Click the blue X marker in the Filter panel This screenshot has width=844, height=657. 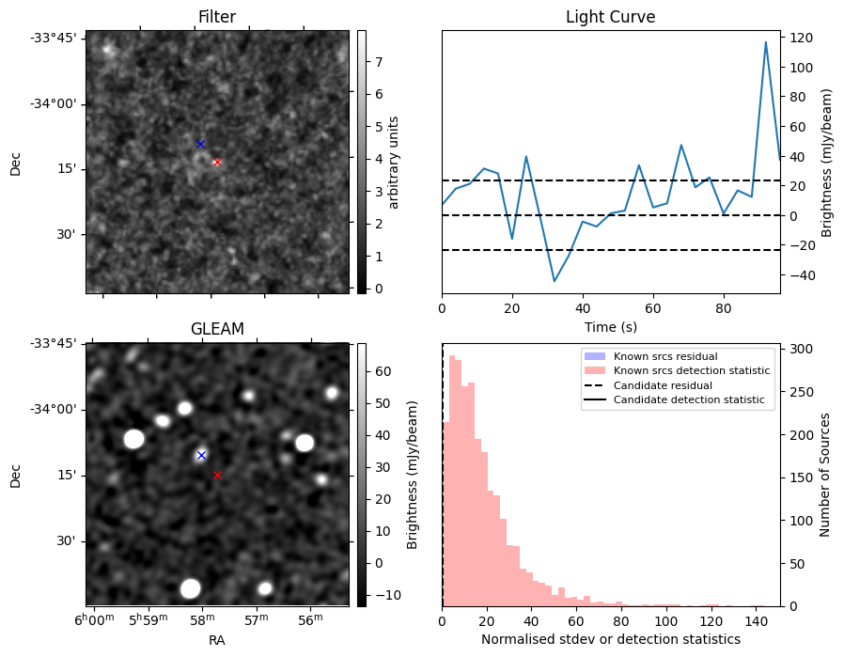(200, 144)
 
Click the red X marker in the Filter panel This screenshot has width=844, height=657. (217, 162)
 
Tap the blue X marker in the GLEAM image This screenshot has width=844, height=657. (200, 455)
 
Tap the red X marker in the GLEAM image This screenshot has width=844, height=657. (217, 475)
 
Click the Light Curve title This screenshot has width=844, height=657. (610, 17)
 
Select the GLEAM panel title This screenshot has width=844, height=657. (217, 329)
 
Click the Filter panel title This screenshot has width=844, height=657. (217, 17)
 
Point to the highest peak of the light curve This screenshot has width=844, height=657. (766, 42)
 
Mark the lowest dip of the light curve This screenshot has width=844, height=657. (555, 281)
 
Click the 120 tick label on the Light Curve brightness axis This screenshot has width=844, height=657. (801, 38)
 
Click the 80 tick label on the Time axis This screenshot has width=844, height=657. (723, 307)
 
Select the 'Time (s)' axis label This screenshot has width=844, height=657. (610, 325)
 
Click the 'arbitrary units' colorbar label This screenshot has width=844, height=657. (394, 162)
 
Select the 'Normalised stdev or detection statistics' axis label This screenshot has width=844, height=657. (610, 639)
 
